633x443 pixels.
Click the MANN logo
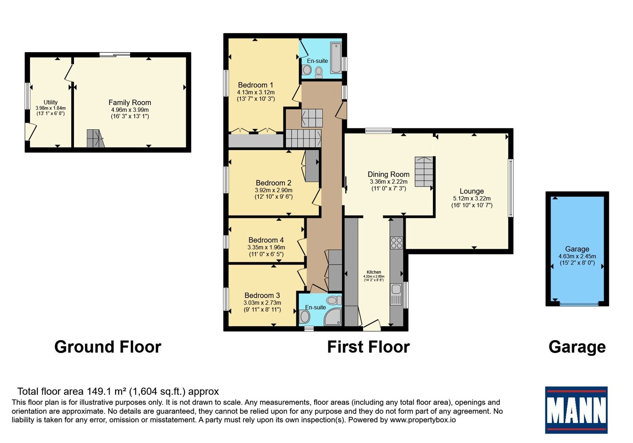pos(576,410)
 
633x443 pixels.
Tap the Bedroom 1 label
pos(256,85)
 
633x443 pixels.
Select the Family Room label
pos(130,102)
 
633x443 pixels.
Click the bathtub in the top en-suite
pos(336,58)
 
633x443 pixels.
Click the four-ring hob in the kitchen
pos(396,243)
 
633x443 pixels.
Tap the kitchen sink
pos(396,294)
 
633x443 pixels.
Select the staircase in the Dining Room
pos(424,172)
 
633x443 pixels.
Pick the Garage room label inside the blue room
pos(577,249)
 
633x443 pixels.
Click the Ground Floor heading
pos(108,347)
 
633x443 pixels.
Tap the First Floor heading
pos(368,347)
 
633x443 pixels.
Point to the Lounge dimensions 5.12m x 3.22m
pos(472,199)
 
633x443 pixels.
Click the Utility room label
pos(50,102)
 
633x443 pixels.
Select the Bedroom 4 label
pos(266,240)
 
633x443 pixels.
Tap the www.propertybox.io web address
pos(423,420)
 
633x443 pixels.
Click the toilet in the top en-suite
pos(319,72)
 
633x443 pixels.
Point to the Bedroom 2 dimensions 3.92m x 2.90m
pos(273,190)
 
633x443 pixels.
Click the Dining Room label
pos(389,174)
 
